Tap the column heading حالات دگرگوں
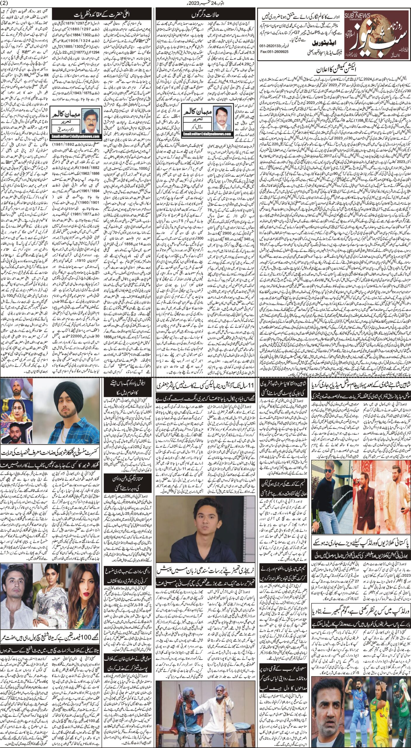pyautogui.click(x=205, y=14)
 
